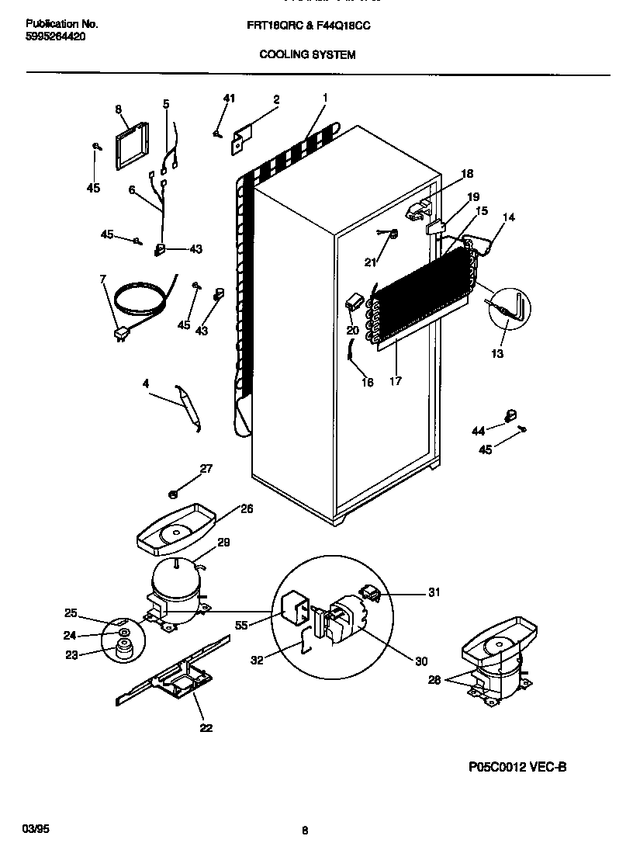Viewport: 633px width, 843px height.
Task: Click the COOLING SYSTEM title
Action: coord(306,54)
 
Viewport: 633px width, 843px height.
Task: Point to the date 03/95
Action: coord(35,829)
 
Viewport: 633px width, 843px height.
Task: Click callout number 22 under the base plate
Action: coord(206,728)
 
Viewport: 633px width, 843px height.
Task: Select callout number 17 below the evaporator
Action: coord(396,382)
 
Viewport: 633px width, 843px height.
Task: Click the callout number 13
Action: coord(496,354)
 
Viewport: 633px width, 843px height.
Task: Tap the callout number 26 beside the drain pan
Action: coord(247,509)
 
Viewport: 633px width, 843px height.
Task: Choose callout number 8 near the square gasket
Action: coord(119,109)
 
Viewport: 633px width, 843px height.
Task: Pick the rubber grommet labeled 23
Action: coord(122,650)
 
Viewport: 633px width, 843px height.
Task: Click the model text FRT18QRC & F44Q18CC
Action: coord(307,26)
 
